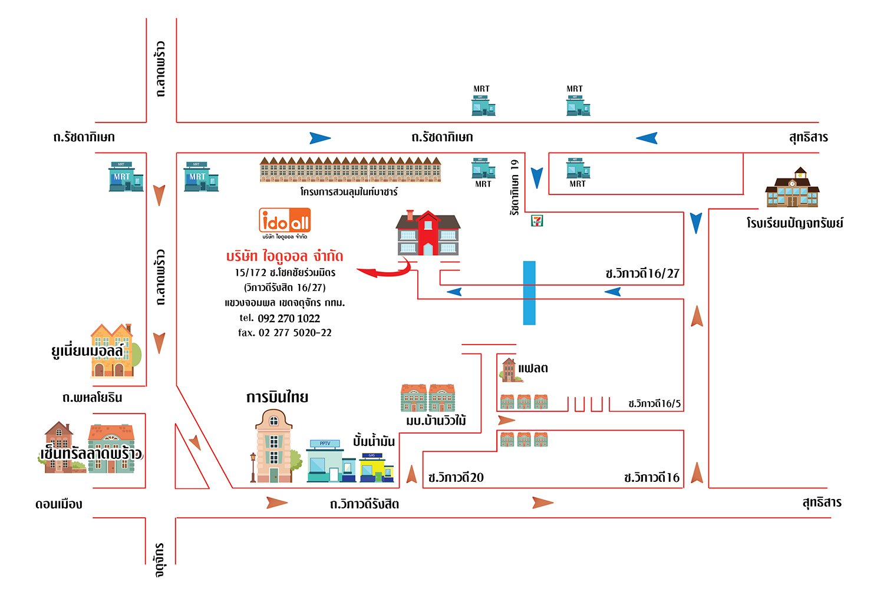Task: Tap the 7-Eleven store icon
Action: pos(537,220)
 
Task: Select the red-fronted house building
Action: pos(428,233)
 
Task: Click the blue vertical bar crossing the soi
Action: pos(529,293)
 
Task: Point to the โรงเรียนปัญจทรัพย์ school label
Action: pos(794,223)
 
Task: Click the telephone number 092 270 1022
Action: pos(288,319)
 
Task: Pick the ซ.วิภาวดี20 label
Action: pos(456,478)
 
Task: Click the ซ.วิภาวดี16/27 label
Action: pos(642,273)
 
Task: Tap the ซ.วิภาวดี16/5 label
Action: pos(654,404)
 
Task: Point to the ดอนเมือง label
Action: pos(58,504)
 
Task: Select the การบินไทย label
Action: pos(277,397)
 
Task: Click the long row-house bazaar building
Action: pos(351,170)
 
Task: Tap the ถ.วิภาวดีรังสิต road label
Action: pos(364,504)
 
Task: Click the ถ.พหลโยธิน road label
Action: pos(92,398)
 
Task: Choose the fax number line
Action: pos(285,333)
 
